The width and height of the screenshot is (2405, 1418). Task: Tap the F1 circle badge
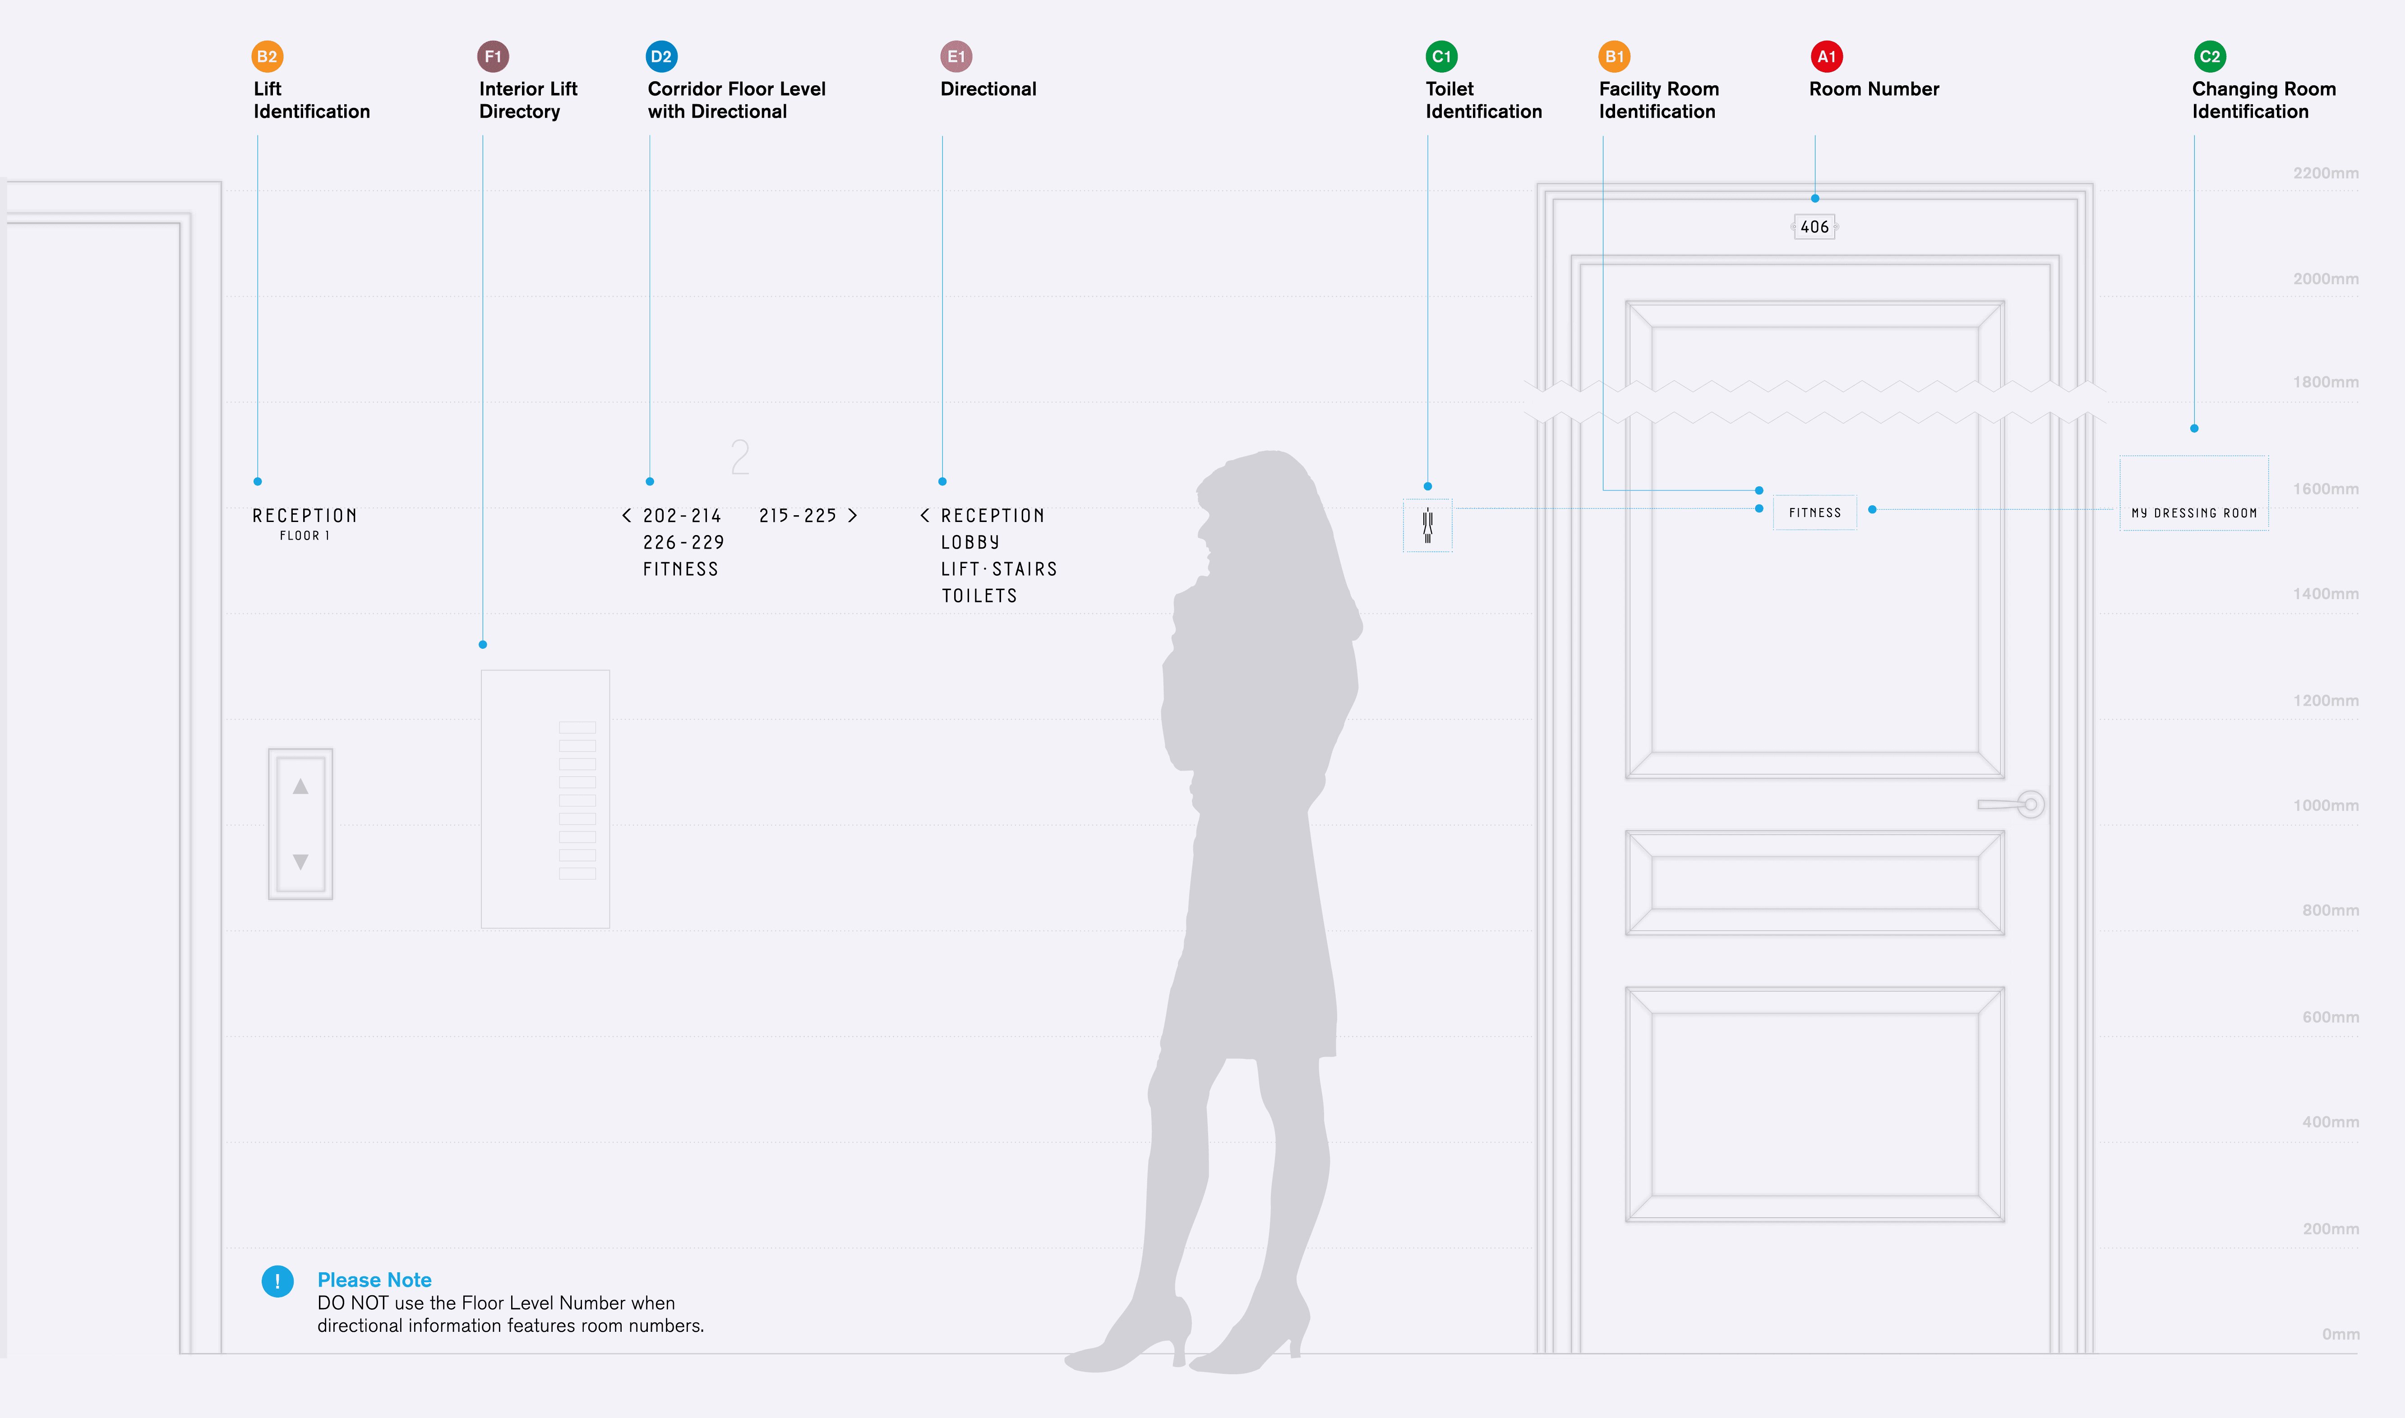(493, 56)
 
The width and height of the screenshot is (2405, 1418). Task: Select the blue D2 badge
(661, 56)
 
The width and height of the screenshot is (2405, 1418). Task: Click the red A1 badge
(1826, 56)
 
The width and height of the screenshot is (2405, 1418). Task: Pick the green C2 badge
(2209, 56)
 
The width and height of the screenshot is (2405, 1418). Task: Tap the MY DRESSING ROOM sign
(2194, 513)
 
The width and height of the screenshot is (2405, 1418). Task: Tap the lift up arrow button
(300, 786)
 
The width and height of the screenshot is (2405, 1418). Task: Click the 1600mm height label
(2326, 489)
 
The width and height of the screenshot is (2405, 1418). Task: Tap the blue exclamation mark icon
(277, 1281)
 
